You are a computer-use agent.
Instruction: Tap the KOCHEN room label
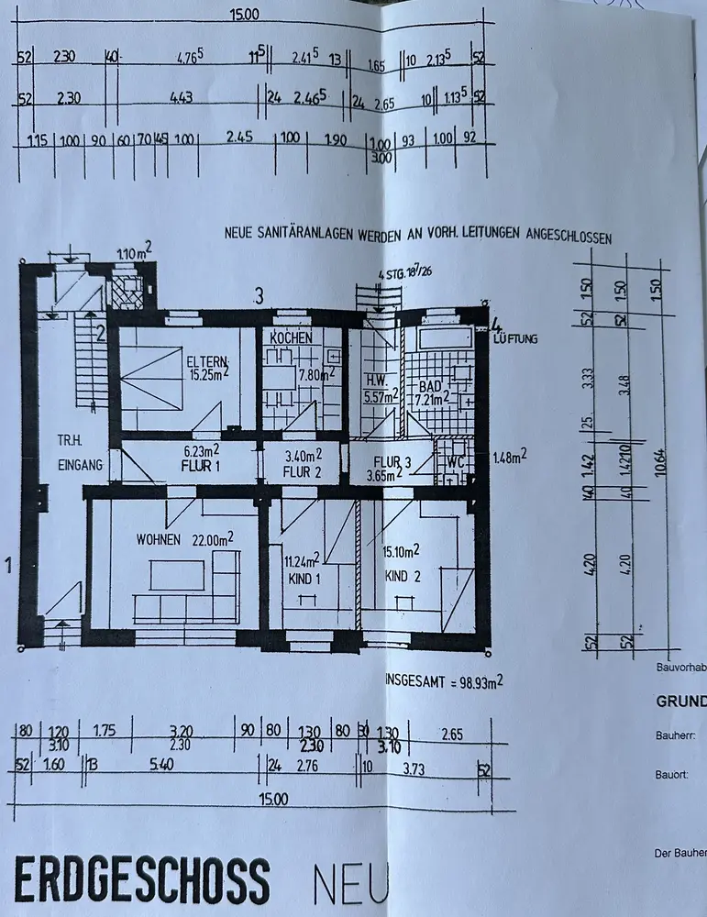coord(291,337)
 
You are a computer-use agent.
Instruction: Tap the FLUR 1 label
coord(206,465)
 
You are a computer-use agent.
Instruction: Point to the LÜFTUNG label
coord(516,339)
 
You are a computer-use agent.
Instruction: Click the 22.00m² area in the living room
coord(206,538)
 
